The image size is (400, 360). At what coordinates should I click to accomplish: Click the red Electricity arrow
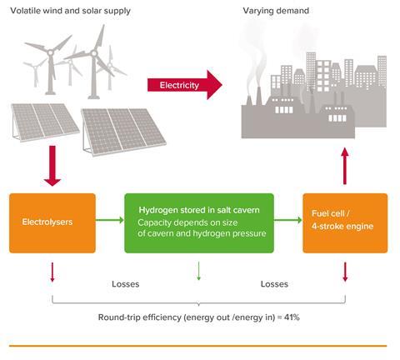tap(185, 85)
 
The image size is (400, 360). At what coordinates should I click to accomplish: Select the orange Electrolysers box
tap(52, 223)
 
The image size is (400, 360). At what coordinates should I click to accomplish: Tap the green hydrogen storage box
tap(199, 223)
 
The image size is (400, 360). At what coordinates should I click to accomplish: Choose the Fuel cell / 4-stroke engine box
tap(345, 223)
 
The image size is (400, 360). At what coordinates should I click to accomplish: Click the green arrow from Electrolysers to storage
tap(110, 220)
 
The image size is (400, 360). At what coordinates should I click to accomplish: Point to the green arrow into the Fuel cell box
tap(288, 220)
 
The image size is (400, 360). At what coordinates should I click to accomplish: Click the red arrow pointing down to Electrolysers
tap(52, 166)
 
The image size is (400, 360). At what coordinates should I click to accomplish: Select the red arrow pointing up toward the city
tap(345, 166)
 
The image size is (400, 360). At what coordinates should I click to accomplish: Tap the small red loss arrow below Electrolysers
tap(52, 272)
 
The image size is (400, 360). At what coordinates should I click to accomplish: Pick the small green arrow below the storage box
tap(198, 271)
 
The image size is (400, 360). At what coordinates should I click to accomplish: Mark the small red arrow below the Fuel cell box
tap(345, 272)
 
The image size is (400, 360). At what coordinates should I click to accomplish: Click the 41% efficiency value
tap(292, 317)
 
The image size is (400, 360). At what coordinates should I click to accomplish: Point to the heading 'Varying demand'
tap(276, 11)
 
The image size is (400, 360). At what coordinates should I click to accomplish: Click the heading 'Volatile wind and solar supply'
tap(70, 11)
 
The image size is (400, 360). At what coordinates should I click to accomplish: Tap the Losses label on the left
tap(126, 284)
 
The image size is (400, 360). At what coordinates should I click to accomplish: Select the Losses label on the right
tap(274, 284)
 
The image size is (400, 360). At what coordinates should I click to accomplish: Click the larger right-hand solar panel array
tap(123, 131)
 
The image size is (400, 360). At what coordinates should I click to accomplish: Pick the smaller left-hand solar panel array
tap(44, 122)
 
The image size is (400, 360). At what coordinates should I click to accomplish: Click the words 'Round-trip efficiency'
tap(140, 317)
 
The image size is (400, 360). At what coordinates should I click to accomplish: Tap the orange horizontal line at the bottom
tap(197, 346)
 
